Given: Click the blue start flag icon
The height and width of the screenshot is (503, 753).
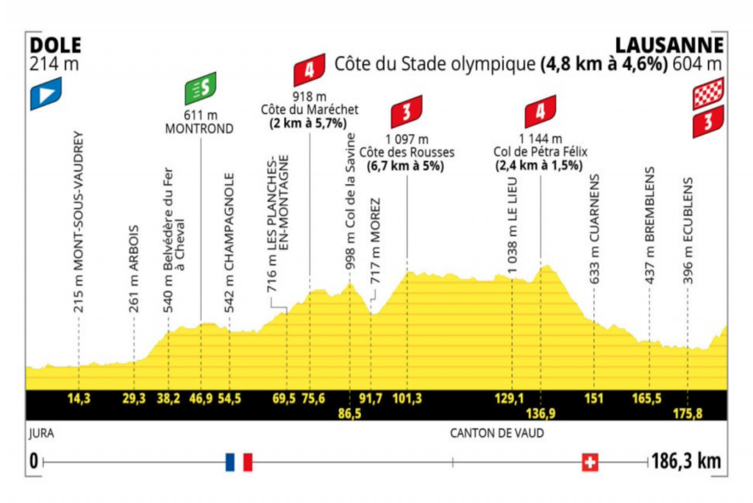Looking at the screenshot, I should (46, 94).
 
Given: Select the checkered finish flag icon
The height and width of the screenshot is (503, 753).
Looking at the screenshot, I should (708, 94).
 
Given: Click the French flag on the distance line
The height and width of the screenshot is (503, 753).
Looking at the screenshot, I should (239, 462).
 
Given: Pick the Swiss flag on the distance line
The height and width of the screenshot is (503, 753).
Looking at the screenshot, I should (589, 462).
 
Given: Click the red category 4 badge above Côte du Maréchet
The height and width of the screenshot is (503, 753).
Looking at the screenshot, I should (309, 71).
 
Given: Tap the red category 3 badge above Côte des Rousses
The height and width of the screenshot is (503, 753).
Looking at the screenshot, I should (406, 110).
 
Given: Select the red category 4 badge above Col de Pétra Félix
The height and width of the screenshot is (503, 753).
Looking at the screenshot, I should (540, 112).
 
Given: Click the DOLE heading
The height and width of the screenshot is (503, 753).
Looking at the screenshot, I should (56, 45).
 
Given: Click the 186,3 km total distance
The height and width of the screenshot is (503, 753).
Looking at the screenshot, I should (685, 462).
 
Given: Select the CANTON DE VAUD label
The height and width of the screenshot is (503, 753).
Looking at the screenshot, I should (497, 433).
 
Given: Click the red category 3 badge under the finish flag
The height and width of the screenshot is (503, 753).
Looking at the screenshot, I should (708, 122).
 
